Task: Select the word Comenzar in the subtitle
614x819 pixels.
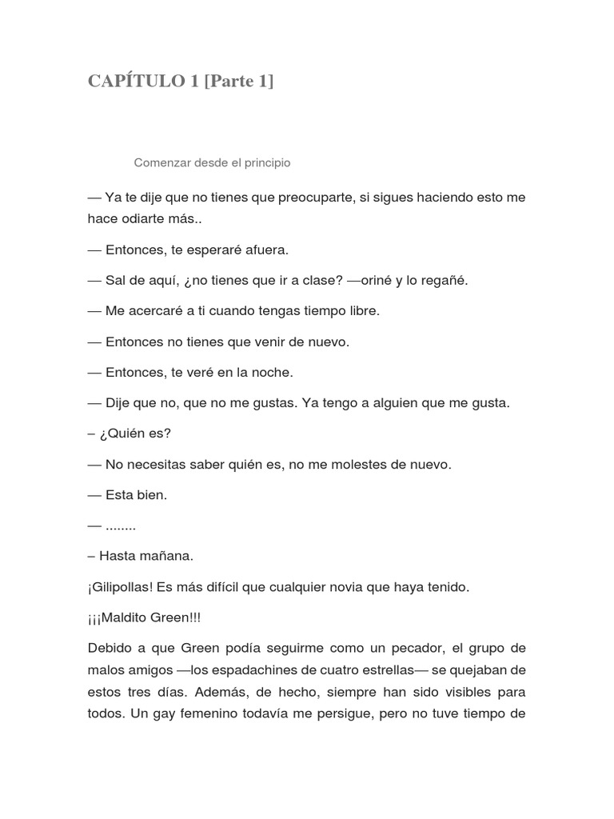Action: (159, 163)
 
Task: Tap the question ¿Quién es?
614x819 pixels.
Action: (135, 433)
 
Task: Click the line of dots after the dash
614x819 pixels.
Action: (121, 526)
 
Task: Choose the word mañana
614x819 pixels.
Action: (168, 556)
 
